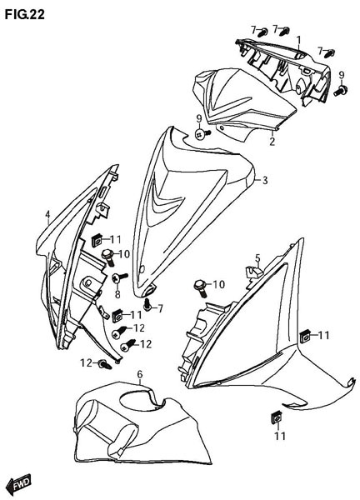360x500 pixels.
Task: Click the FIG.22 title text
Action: [24, 14]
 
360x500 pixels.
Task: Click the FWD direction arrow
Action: [19, 483]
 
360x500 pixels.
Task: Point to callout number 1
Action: [298, 41]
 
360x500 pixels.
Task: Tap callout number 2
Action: [272, 142]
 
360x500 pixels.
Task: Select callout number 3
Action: [265, 181]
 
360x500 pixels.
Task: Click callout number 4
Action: [47, 215]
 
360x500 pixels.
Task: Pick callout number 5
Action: [257, 257]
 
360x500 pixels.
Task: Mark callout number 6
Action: [140, 374]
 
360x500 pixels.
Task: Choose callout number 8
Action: [117, 294]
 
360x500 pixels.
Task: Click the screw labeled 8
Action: [119, 277]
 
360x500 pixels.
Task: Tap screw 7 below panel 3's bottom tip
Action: [147, 305]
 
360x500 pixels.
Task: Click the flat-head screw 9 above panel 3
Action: [202, 134]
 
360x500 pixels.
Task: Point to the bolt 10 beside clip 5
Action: [201, 288]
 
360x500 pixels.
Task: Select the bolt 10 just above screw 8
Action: [108, 258]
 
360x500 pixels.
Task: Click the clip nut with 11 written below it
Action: [276, 418]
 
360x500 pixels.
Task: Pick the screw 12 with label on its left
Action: [105, 364]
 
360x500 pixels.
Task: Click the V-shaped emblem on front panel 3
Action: [166, 200]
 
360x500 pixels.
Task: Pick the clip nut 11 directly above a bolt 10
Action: [97, 240]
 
